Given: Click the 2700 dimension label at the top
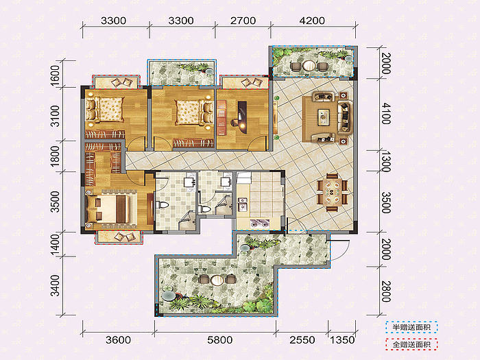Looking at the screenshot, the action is coord(243,21).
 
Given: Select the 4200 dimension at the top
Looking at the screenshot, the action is coord(312,21).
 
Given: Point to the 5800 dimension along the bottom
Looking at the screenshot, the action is coord(220,340).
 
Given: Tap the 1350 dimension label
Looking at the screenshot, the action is coord(342,340).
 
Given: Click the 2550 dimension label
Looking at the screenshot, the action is coord(302,340).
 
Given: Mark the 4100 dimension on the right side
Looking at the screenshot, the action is coord(386,113).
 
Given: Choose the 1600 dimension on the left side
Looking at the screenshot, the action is coord(55,75).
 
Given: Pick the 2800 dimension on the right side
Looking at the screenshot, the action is coord(386,291).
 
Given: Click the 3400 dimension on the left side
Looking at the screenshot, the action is coord(55,286).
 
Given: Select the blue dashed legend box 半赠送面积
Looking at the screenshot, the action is coord(411,328).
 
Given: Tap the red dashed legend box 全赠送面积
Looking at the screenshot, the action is coord(411,345).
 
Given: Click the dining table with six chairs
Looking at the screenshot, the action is coord(332,193).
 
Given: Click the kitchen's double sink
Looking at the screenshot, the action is coord(243,204).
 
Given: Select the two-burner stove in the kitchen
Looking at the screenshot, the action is coord(260,223).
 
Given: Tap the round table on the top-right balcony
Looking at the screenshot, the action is coord(309,66).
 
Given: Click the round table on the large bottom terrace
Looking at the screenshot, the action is coord(217,280).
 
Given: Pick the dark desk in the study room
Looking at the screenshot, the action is coord(242,117).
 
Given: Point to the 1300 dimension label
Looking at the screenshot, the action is coord(386,161).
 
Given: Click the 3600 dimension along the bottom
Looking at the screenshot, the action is coord(118,340).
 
